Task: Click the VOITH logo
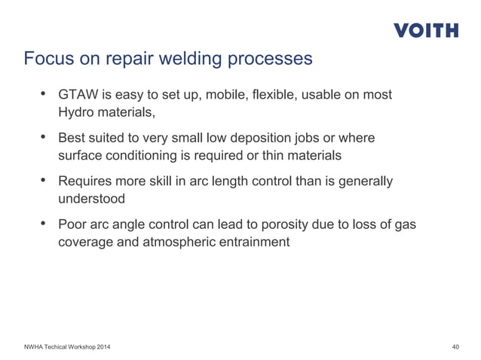click(425, 31)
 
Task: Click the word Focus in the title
click(47, 59)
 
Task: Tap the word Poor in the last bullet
click(74, 224)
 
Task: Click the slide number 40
click(455, 346)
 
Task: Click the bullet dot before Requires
click(44, 182)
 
